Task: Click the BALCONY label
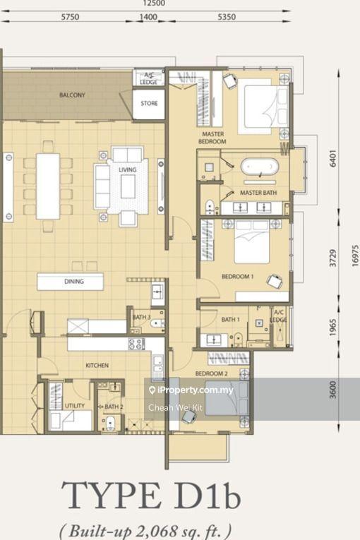[x=72, y=95]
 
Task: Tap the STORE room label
[x=149, y=103]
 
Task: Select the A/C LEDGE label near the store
[x=149, y=79]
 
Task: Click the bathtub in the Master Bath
[x=259, y=167]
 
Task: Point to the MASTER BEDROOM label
[x=212, y=138]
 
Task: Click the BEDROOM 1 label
[x=238, y=276]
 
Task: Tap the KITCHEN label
[x=97, y=365]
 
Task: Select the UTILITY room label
[x=75, y=406]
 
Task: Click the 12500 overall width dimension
[x=154, y=4]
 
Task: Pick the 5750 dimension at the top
[x=70, y=17]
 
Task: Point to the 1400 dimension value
[x=148, y=17]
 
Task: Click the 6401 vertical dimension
[x=333, y=158]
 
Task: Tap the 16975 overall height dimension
[x=355, y=256]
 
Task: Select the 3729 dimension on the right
[x=333, y=258]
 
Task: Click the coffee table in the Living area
[x=128, y=186]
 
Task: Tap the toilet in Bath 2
[x=110, y=422]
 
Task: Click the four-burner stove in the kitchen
[x=136, y=344]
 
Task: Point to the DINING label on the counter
[x=74, y=282]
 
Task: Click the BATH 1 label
[x=230, y=320]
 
